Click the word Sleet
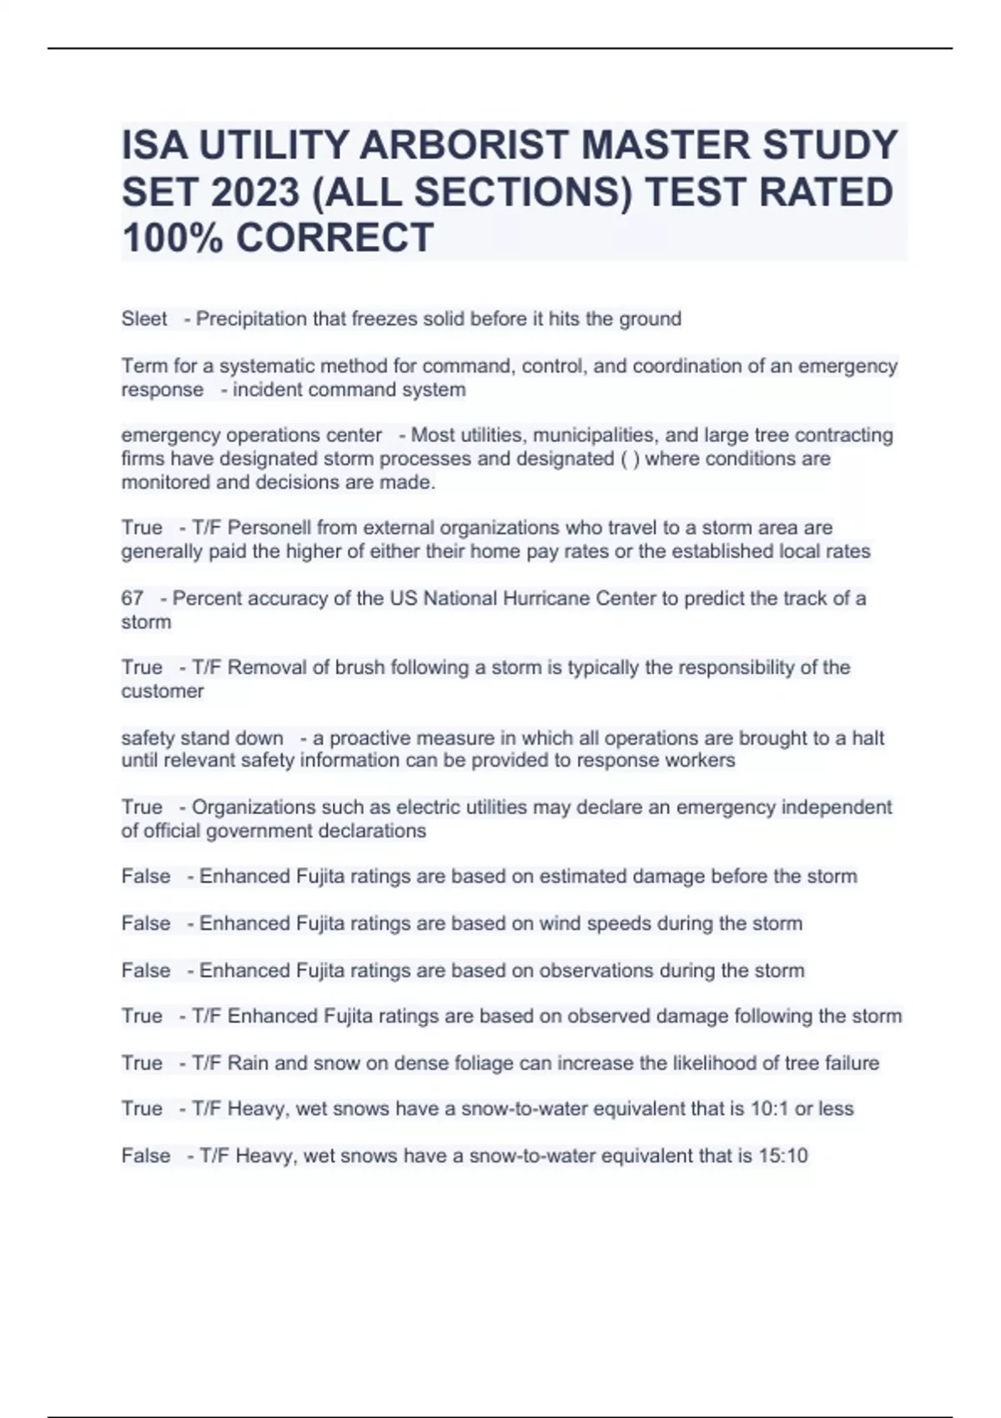[x=144, y=319]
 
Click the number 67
[x=132, y=598]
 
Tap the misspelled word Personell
[x=269, y=528]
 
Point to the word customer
[x=163, y=691]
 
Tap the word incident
[x=266, y=390]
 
